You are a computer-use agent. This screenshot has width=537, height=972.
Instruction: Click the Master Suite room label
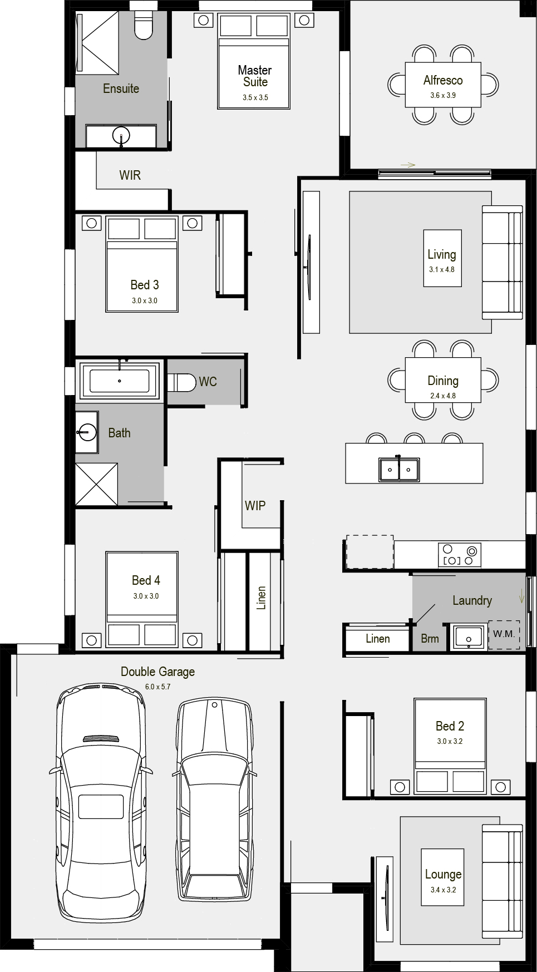pyautogui.click(x=255, y=76)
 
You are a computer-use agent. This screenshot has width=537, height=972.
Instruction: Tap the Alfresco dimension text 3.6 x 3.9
pyautogui.click(x=443, y=95)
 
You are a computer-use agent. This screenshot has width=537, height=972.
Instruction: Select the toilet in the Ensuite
pyautogui.click(x=144, y=26)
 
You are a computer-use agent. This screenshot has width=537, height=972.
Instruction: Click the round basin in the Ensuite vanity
pyautogui.click(x=121, y=135)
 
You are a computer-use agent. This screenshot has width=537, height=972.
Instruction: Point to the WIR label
pyautogui.click(x=130, y=175)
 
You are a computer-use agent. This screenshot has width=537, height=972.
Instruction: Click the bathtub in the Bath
pyautogui.click(x=120, y=381)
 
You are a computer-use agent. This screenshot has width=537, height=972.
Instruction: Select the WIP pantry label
pyautogui.click(x=255, y=506)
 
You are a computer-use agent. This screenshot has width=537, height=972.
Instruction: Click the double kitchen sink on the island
pyautogui.click(x=399, y=469)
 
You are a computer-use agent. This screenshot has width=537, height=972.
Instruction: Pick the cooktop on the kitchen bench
pyautogui.click(x=460, y=555)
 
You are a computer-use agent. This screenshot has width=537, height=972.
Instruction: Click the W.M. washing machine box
pyautogui.click(x=504, y=634)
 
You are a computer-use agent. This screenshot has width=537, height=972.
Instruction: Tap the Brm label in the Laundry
pyautogui.click(x=430, y=639)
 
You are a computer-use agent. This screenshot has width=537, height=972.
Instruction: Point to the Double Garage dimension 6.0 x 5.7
pyautogui.click(x=158, y=687)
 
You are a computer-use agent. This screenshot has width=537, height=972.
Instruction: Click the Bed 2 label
pyautogui.click(x=450, y=726)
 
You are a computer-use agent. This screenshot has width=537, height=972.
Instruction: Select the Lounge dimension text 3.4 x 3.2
pyautogui.click(x=443, y=890)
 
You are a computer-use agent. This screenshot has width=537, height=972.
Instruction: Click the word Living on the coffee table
pyautogui.click(x=442, y=255)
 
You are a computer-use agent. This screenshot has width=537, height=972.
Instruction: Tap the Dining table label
pyautogui.click(x=443, y=381)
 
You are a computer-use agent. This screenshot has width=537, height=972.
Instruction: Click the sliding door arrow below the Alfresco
pyautogui.click(x=408, y=165)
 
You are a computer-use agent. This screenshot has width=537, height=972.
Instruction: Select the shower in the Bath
pyautogui.click(x=97, y=484)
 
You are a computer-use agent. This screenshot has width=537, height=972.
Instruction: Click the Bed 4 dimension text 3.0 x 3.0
pyautogui.click(x=146, y=596)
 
